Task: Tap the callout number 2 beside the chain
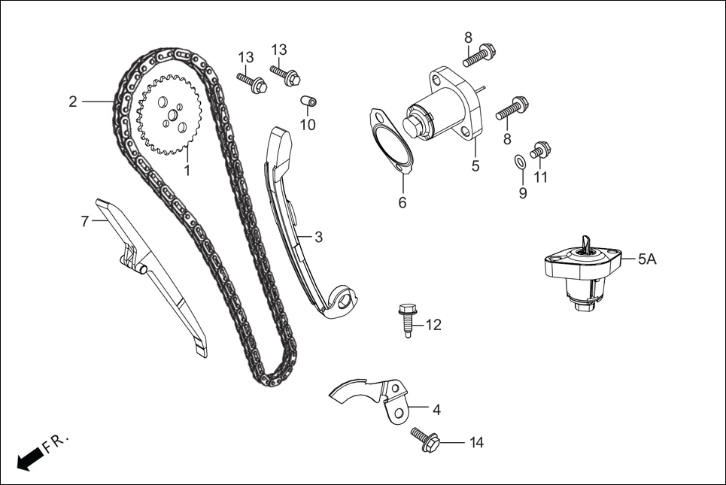(x=73, y=102)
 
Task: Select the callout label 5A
(x=648, y=259)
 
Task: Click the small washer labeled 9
(x=519, y=162)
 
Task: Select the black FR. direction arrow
(x=28, y=457)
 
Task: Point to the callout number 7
(x=85, y=221)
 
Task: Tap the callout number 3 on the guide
(x=318, y=237)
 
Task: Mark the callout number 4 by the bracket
(x=436, y=410)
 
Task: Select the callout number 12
(x=433, y=325)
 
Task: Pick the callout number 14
(x=476, y=443)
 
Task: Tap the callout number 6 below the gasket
(x=402, y=202)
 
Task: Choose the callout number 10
(x=308, y=125)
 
